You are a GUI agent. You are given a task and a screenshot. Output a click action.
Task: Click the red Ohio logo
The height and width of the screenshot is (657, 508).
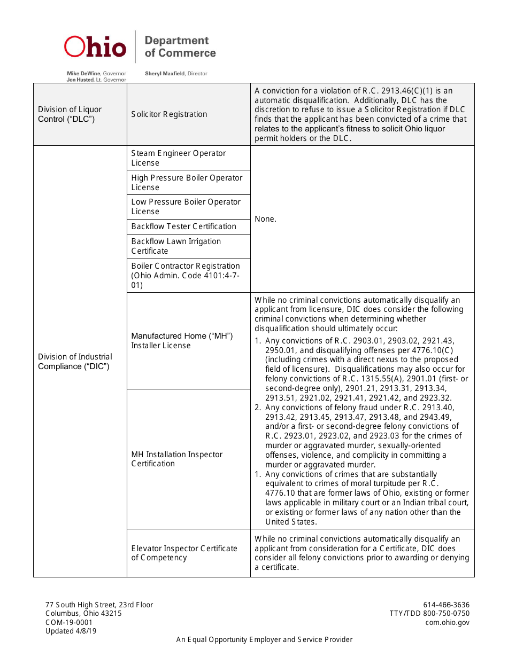(95, 47)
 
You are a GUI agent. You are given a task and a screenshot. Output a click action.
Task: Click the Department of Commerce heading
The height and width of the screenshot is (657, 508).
(180, 47)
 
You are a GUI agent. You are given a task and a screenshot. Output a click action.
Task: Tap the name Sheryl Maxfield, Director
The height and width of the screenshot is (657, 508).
(176, 74)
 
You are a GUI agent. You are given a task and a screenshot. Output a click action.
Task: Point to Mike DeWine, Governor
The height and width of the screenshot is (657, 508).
(96, 73)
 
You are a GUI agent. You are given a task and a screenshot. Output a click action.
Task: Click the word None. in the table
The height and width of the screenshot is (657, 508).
(266, 219)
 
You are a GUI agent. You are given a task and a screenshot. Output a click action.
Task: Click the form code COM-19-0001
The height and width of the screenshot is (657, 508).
(69, 622)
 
